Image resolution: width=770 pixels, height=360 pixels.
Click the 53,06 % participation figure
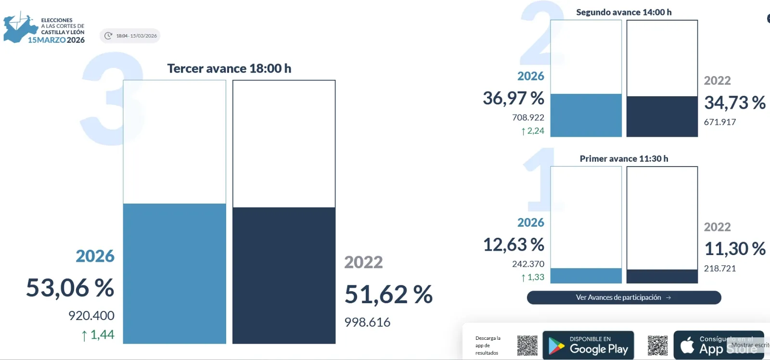[x=70, y=288]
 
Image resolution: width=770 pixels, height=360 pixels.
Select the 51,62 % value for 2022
[x=388, y=294]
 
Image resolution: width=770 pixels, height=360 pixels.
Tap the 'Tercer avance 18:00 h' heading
[x=229, y=68]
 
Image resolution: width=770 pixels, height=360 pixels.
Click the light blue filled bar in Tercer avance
[x=174, y=273]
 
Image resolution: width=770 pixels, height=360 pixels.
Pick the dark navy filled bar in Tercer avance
[x=284, y=275]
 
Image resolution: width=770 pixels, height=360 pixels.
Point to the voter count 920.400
[x=91, y=316]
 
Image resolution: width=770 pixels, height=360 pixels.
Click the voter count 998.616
[x=367, y=322]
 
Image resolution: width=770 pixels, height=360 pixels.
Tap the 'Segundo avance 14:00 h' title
[x=624, y=12]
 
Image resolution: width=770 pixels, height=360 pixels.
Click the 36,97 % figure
[x=513, y=98]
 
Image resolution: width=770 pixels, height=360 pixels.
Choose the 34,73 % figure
[x=735, y=103]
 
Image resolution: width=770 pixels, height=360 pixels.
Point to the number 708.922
[x=528, y=117]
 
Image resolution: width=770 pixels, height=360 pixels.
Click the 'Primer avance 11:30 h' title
[x=624, y=158]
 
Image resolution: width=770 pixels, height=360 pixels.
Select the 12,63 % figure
[x=513, y=244]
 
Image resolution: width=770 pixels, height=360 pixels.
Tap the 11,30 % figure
[x=735, y=249]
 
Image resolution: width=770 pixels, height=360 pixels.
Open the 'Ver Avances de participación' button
[x=624, y=297]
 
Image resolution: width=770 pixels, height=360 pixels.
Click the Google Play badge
[x=588, y=345]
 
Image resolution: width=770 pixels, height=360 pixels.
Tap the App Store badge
[x=719, y=345]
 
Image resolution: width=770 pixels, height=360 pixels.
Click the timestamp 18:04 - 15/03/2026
[x=130, y=36]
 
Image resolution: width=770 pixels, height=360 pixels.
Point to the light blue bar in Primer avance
[x=586, y=275]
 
